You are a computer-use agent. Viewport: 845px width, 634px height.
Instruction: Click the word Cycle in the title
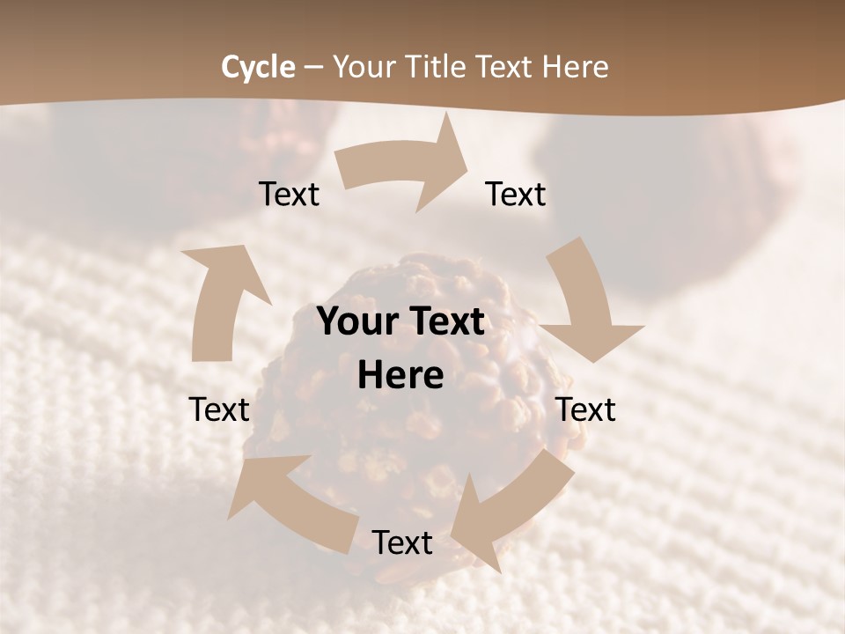click(x=258, y=67)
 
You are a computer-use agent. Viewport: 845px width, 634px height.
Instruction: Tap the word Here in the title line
click(x=576, y=67)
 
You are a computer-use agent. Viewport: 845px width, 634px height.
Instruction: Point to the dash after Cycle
click(x=314, y=67)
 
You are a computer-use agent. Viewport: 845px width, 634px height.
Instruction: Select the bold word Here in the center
click(x=400, y=376)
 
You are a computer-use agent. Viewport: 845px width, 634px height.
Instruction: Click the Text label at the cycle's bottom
click(x=402, y=542)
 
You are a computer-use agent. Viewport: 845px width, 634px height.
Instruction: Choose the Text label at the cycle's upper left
click(x=289, y=194)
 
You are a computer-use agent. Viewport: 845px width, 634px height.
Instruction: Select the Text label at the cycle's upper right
click(x=516, y=194)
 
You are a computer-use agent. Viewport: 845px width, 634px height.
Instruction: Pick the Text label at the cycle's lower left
click(x=219, y=409)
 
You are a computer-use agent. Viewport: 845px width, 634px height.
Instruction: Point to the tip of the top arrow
click(x=468, y=158)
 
